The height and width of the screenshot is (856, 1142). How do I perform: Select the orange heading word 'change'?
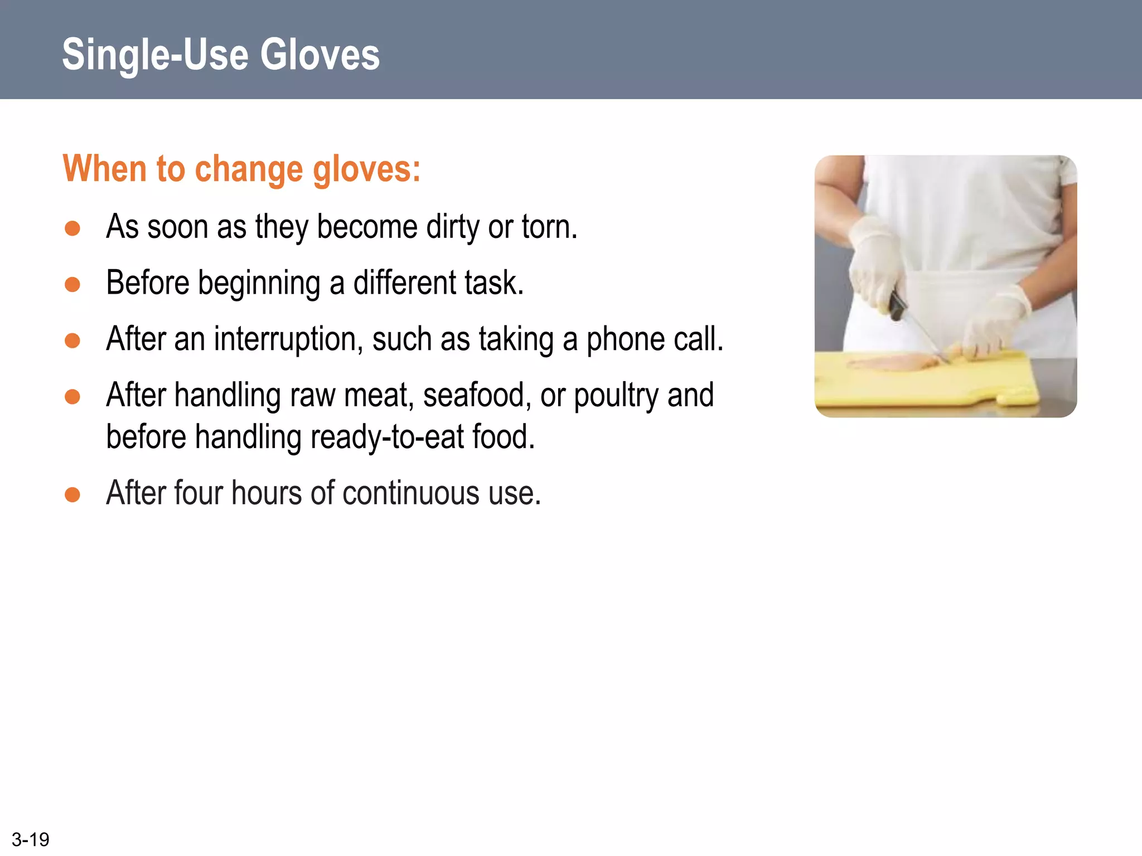point(249,169)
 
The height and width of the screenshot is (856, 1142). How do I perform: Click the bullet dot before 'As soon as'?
point(72,228)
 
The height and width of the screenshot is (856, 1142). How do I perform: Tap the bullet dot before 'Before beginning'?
point(72,285)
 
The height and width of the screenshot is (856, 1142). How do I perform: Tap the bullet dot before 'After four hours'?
point(72,494)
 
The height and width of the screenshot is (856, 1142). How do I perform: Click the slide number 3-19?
point(31,839)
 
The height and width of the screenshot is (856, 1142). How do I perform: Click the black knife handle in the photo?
point(897,305)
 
